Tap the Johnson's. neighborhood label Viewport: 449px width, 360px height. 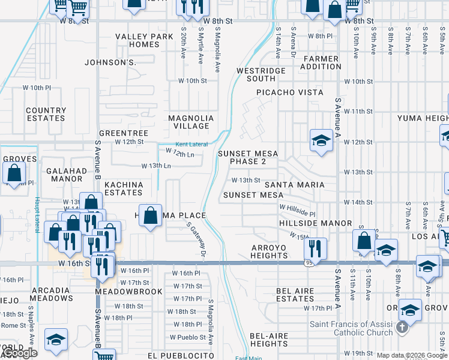(x=111, y=62)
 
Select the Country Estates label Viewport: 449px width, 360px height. (x=46, y=114)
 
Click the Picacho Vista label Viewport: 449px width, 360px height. (x=290, y=92)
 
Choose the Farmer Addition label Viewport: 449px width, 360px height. (x=322, y=62)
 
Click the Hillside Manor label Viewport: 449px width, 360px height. (x=316, y=223)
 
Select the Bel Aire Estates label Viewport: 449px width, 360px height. (x=295, y=295)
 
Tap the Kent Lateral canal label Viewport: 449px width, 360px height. (x=191, y=145)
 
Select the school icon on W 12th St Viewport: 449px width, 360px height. (x=321, y=141)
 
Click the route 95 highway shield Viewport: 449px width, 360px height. (x=309, y=263)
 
